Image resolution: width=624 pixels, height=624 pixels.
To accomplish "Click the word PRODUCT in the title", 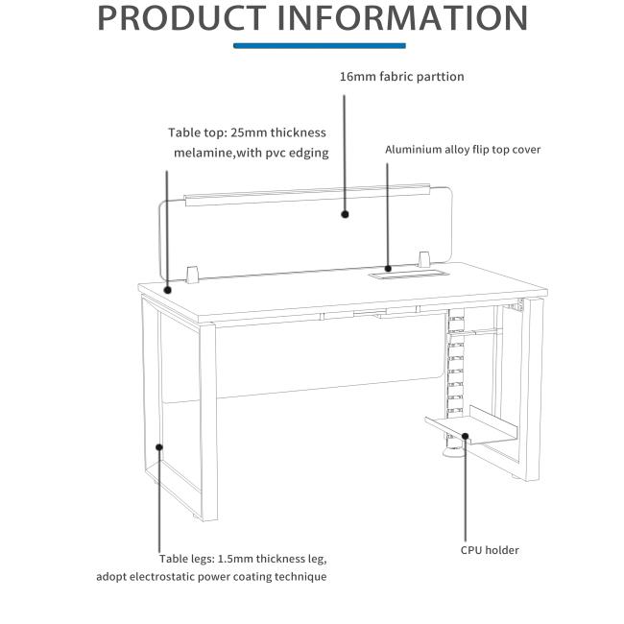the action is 181,18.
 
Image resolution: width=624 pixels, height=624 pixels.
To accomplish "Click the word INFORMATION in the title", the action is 402,18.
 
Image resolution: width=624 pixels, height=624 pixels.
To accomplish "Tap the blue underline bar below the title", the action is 319,45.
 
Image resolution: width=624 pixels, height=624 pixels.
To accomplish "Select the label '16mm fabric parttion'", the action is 401,77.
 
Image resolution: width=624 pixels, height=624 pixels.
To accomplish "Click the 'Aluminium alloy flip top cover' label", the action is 463,150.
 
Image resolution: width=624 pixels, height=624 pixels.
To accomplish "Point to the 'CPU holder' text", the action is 490,550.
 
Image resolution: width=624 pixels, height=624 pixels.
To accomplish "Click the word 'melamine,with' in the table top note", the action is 218,153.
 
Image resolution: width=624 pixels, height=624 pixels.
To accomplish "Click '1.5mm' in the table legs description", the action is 235,559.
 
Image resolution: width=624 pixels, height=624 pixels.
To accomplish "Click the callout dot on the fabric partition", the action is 345,214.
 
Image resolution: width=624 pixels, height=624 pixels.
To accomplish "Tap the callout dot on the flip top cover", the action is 388,269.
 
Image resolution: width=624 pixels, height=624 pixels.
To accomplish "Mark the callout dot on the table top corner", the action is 168,290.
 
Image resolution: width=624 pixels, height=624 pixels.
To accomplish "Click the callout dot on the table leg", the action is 159,447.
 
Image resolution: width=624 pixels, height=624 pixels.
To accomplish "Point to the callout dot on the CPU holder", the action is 465,436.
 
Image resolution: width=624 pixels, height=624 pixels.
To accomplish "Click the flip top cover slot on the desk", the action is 409,274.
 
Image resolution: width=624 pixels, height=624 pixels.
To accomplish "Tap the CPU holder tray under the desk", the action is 472,425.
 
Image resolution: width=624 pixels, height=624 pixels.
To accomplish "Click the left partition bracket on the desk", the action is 192,275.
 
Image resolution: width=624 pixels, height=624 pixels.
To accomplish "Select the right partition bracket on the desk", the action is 423,259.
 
